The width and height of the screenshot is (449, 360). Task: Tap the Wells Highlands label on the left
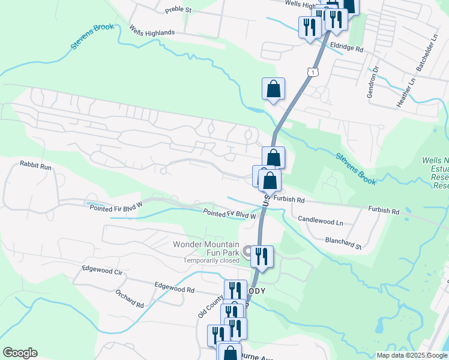coord(152,32)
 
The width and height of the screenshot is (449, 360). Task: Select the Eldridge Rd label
coord(347,48)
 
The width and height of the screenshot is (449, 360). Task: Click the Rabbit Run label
coord(35,164)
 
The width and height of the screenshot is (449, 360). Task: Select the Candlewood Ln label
coord(320,221)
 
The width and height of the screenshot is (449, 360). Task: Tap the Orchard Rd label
coord(130,299)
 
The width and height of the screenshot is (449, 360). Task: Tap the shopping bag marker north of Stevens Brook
coord(273,89)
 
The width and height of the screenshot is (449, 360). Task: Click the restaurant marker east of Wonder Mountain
coord(262,257)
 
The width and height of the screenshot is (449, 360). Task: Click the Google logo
coord(20,353)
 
